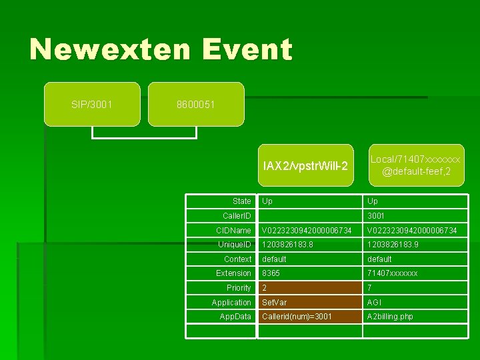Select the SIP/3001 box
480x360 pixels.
click(92, 105)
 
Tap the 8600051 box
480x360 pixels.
click(196, 105)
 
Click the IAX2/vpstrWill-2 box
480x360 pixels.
click(305, 165)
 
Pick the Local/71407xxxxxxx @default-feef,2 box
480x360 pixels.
click(415, 165)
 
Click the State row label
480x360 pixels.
click(241, 201)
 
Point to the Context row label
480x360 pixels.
click(237, 259)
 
